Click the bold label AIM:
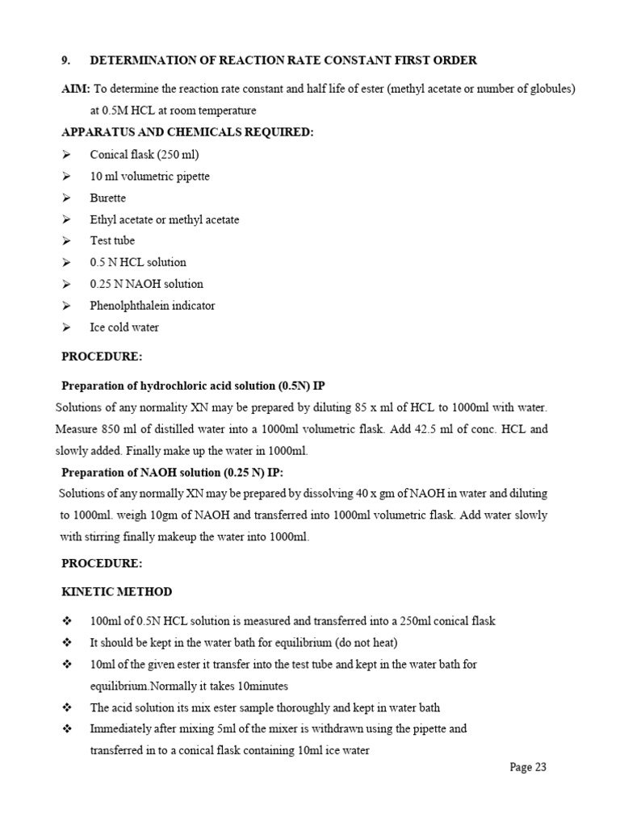point(76,89)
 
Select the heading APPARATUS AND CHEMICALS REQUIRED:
point(188,132)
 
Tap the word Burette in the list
point(108,198)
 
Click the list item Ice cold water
point(124,327)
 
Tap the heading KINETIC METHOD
point(117,591)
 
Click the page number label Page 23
point(528,767)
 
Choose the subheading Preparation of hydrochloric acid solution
point(194,386)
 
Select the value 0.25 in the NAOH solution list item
point(101,284)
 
